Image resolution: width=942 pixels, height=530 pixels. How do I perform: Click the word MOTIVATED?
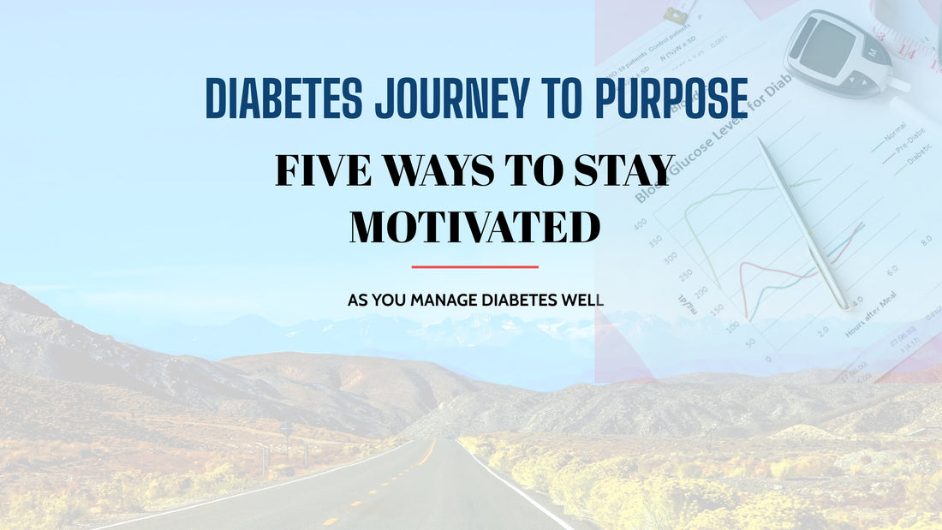474,226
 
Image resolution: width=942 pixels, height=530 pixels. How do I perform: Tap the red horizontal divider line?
474,266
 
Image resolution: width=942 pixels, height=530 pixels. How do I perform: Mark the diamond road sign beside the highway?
285,428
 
